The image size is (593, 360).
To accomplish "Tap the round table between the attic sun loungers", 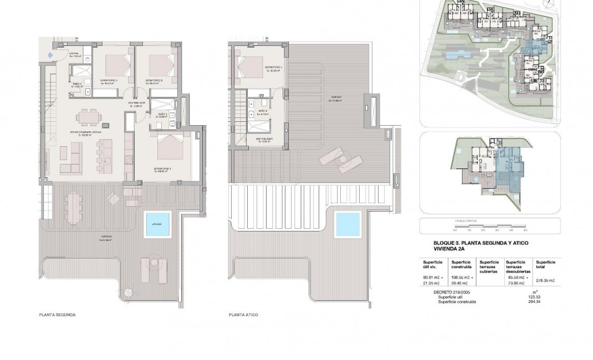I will pyautogui.click(x=344, y=161).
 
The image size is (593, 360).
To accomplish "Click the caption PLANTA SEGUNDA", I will pyautogui.click(x=57, y=314).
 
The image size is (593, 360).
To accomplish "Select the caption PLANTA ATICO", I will pyautogui.click(x=243, y=314).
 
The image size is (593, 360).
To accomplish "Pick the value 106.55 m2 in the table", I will pyautogui.click(x=462, y=277).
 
